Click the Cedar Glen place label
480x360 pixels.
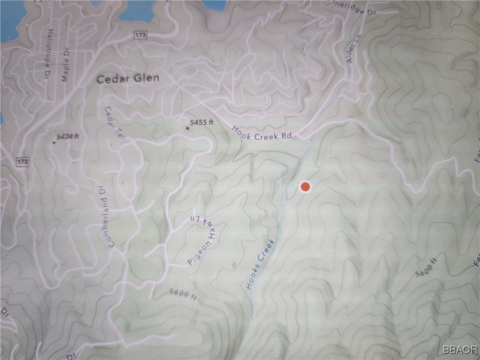coord(127,79)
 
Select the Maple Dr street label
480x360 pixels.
coord(65,66)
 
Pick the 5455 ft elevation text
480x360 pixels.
coord(202,123)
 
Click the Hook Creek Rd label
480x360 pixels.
coord(262,132)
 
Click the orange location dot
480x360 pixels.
coord(305,187)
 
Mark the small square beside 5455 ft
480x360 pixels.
coord(188,127)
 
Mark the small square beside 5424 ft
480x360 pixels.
coord(54,142)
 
